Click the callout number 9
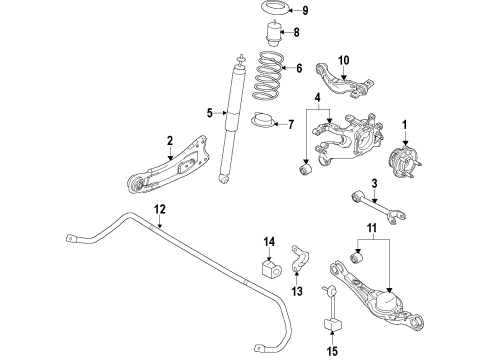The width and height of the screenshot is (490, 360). tap(305, 11)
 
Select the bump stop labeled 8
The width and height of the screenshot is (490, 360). tap(273, 34)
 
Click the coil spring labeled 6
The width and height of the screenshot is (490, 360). tap(269, 75)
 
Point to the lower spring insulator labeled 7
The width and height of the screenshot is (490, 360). tap(263, 121)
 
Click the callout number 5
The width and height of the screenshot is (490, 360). tap(209, 113)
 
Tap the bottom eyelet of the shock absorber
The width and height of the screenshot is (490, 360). tap(224, 178)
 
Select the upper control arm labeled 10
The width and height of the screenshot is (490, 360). tap(344, 81)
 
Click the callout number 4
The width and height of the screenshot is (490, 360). tap(318, 98)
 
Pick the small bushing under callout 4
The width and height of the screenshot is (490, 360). tap(305, 168)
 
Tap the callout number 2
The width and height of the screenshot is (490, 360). tap(170, 141)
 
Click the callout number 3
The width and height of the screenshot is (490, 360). tap(374, 183)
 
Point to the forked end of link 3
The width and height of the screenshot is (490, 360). tap(397, 216)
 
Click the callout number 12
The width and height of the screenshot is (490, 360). tap(160, 209)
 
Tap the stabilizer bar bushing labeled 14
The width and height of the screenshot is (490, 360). tap(271, 268)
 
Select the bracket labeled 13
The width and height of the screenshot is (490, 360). tap(300, 258)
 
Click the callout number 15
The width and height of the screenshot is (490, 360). tap(332, 350)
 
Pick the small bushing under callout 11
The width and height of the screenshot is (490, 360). tap(358, 258)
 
